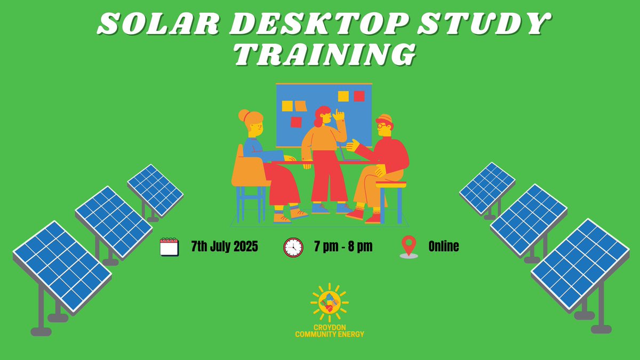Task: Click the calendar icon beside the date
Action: coord(169,247)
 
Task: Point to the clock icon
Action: coord(293,247)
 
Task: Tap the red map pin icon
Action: coord(409,246)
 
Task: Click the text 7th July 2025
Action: coord(225,247)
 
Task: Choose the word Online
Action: coord(444,247)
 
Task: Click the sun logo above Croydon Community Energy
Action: coord(329,302)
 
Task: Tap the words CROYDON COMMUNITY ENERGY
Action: coord(330,330)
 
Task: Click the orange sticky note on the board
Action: coord(301,106)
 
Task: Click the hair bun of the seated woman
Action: coord(244,115)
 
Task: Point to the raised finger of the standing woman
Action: coord(337,113)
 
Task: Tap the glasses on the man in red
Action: coord(381,126)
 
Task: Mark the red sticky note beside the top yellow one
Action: coord(359,96)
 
